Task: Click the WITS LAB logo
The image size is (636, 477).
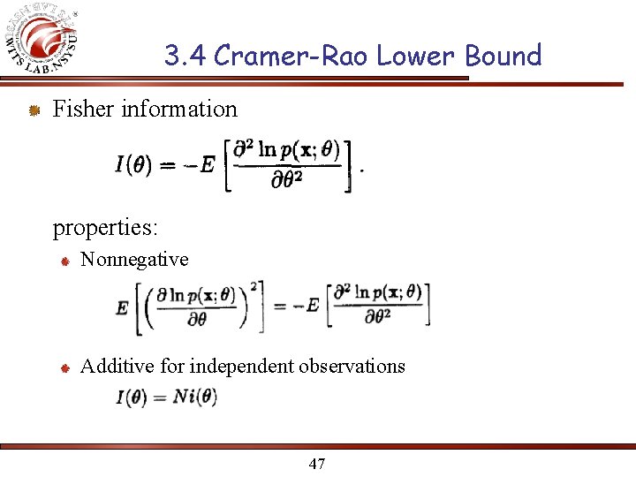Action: [x=49, y=40]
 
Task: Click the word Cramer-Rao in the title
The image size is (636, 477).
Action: [x=291, y=56]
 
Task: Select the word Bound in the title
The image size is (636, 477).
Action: [x=503, y=56]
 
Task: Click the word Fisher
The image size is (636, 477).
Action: [x=84, y=110]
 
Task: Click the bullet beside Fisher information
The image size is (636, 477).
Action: [x=33, y=110]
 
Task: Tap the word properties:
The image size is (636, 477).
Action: [x=105, y=228]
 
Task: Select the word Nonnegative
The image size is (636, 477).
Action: [x=134, y=260]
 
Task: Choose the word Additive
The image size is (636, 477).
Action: [x=117, y=366]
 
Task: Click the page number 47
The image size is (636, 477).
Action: [x=317, y=463]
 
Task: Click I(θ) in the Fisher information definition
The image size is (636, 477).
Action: [x=133, y=164]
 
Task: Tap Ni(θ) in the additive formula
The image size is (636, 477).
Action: [x=193, y=397]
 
